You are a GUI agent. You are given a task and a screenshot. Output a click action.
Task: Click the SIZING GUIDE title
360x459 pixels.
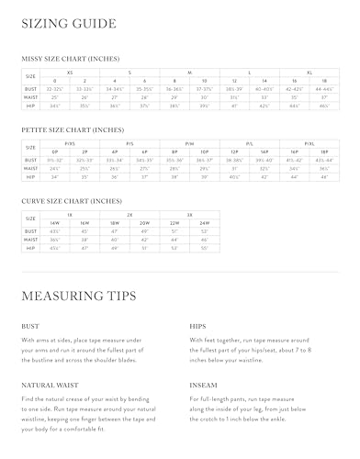pos(69,24)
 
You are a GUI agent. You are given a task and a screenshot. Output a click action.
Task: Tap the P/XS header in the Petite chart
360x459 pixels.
pos(70,142)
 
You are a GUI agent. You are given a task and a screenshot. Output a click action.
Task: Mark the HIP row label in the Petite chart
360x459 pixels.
pos(31,176)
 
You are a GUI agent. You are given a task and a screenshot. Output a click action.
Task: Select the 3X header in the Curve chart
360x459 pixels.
pos(189,213)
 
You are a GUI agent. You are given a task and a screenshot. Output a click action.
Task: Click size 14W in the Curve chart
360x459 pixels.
pos(54,221)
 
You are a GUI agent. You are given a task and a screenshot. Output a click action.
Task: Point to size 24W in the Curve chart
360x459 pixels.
pos(203,221)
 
